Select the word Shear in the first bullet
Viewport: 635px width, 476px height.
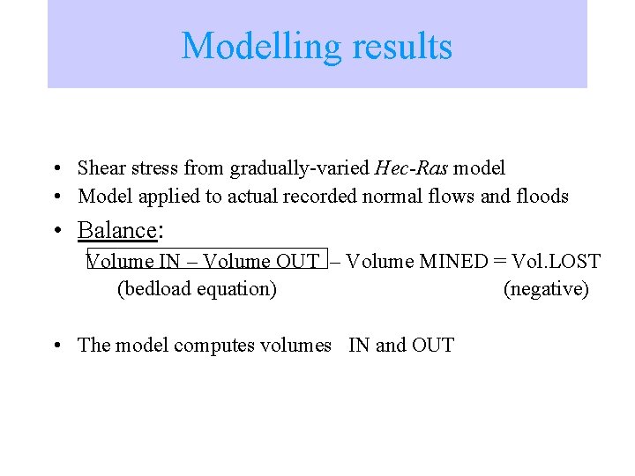coord(100,167)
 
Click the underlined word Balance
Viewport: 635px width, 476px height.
coord(116,230)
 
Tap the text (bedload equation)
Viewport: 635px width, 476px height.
coord(197,289)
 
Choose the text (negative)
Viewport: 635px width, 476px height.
coord(546,289)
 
